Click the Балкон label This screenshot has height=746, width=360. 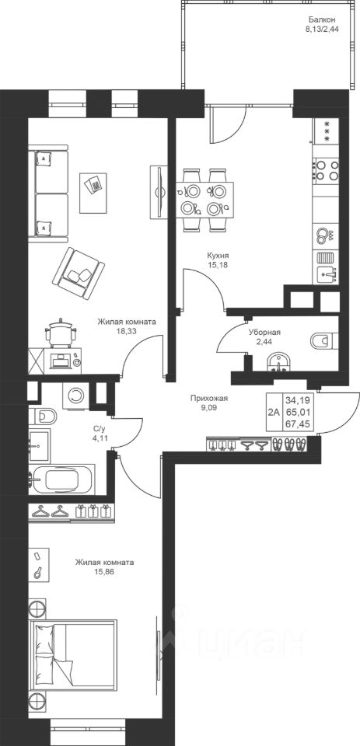[x=322, y=20]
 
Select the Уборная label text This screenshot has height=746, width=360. [x=264, y=333]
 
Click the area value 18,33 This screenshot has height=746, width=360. [x=127, y=330]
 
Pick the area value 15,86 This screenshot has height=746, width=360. [x=104, y=571]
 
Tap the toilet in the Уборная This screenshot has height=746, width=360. [x=323, y=340]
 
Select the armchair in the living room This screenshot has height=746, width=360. [x=79, y=273]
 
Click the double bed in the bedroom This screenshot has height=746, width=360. [x=72, y=657]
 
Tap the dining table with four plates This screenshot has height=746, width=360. [x=204, y=200]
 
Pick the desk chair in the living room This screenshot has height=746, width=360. [x=61, y=332]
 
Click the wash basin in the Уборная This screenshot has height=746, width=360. [x=278, y=361]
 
